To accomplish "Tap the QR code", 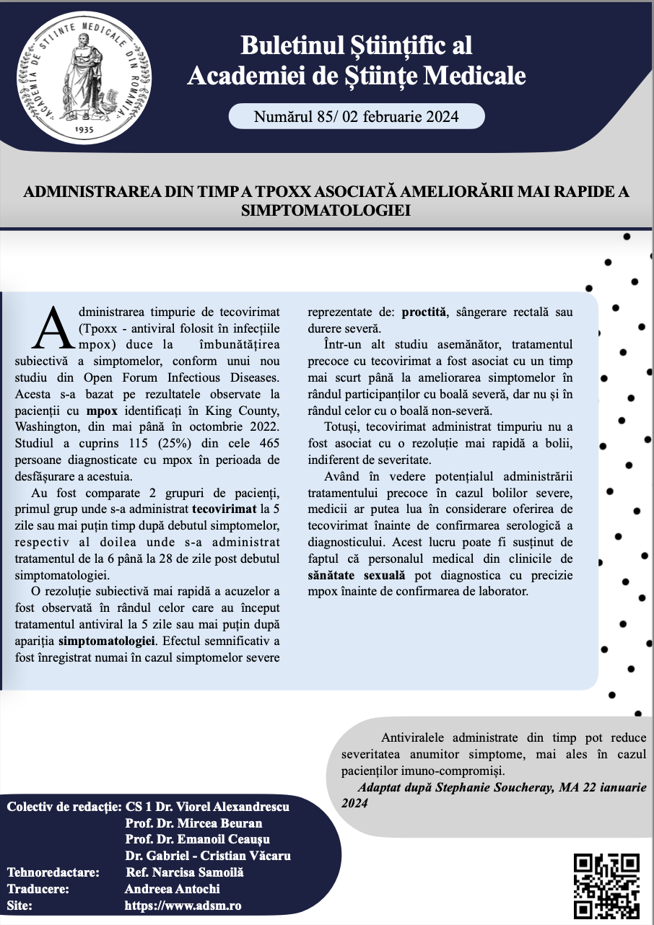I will point(606,885).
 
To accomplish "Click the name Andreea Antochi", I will point(172,888).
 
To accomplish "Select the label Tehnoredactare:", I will point(53,872).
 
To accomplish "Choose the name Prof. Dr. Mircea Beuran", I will point(193,823).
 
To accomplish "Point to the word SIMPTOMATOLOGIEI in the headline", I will point(326,210).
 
